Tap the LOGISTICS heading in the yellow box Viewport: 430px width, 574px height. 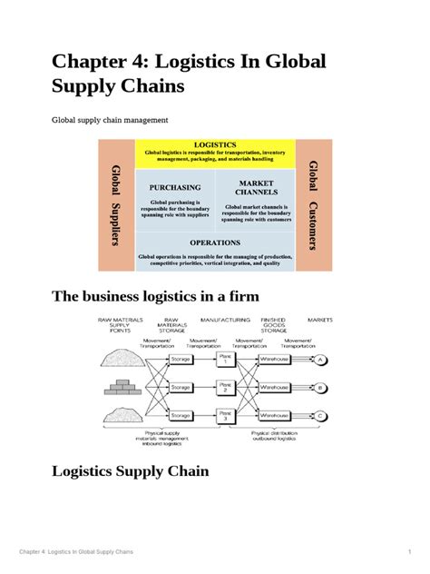(x=215, y=145)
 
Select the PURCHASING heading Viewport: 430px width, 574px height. (x=175, y=187)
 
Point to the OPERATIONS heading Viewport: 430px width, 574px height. (x=215, y=242)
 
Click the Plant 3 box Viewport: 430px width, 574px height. (x=226, y=416)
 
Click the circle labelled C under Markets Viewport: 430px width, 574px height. (x=320, y=416)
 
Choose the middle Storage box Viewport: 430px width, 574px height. (x=181, y=388)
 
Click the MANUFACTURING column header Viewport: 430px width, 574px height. (x=226, y=321)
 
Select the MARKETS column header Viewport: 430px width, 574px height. (x=319, y=321)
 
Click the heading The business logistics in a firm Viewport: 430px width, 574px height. (x=168, y=297)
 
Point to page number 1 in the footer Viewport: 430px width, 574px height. (x=410, y=553)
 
